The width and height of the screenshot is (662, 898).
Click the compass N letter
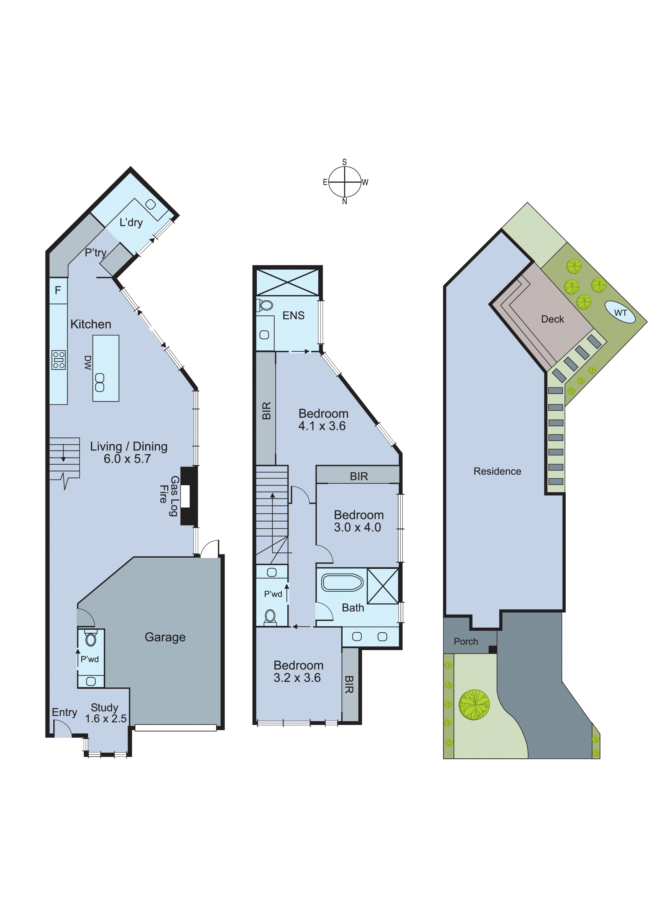point(344,202)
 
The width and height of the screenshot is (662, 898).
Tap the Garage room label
point(165,637)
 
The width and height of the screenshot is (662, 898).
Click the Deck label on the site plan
point(552,319)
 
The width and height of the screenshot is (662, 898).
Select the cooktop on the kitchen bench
point(58,360)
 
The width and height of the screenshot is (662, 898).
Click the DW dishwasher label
point(88,363)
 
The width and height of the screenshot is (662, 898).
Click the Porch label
point(466,642)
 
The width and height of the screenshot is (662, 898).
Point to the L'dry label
point(131,222)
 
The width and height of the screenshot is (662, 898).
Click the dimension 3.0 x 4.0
point(357,527)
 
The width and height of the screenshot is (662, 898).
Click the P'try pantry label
point(95,253)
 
